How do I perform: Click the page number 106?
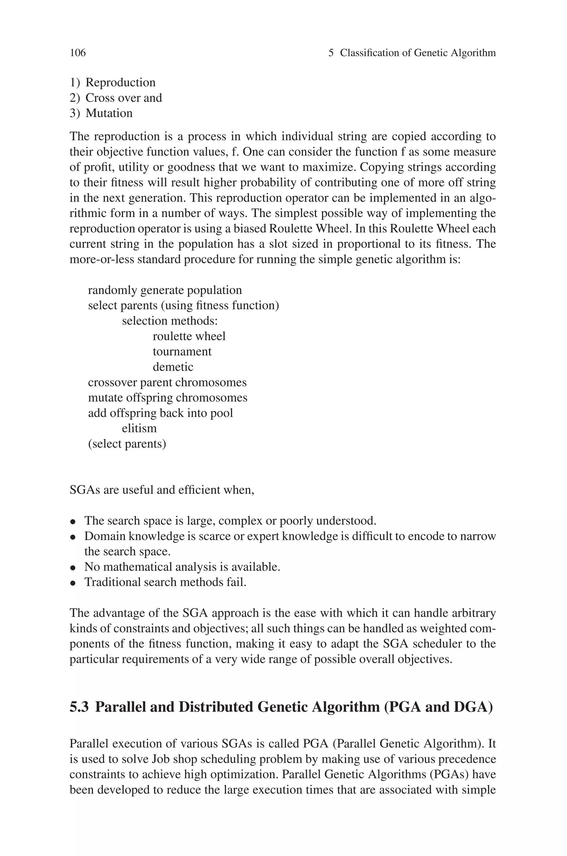point(78,53)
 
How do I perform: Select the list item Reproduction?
point(120,82)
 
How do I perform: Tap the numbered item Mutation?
point(109,113)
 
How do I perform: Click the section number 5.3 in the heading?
point(79,707)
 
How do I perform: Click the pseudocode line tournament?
point(182,351)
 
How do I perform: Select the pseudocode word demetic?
point(173,367)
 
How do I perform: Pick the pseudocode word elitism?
point(139,428)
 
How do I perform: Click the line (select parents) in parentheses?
point(127,444)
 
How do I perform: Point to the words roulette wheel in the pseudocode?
point(189,336)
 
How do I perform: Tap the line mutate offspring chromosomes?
point(167,398)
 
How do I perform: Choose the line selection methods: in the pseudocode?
point(170,321)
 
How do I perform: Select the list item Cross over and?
point(123,98)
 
